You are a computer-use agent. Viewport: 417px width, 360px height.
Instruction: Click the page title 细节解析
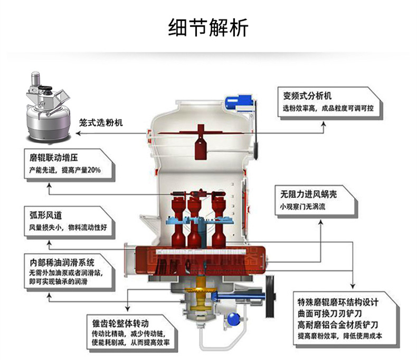208,27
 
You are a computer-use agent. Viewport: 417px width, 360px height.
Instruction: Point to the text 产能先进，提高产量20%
65,170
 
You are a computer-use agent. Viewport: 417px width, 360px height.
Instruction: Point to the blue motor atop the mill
244,100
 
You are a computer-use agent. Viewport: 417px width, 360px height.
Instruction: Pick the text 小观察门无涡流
303,206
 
